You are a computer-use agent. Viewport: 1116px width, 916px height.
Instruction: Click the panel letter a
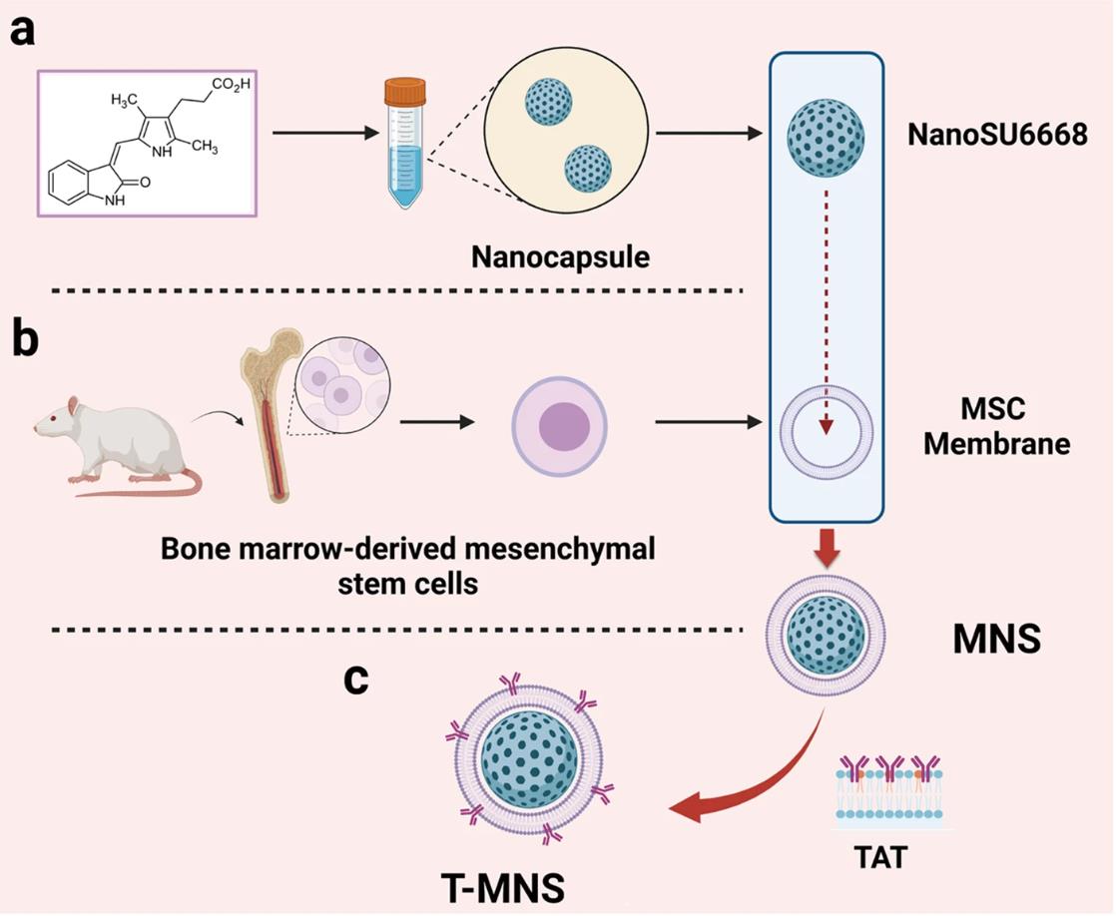click(x=23, y=31)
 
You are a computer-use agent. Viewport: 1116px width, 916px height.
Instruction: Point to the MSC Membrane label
click(x=995, y=427)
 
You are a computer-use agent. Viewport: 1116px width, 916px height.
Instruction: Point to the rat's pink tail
click(x=150, y=489)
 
